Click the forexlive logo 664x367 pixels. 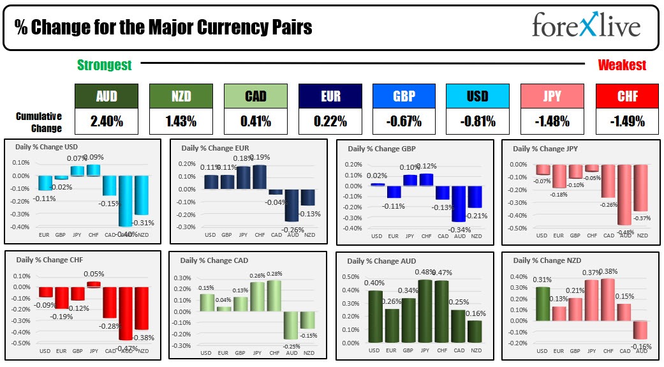click(586, 27)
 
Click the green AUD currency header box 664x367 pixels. click(106, 96)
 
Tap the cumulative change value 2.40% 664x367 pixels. click(106, 121)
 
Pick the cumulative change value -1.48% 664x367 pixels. click(552, 121)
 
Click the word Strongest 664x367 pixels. click(105, 65)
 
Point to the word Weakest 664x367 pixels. click(622, 65)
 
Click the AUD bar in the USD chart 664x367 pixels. click(125, 200)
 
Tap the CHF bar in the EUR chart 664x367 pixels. click(260, 177)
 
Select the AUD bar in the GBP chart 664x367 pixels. click(459, 204)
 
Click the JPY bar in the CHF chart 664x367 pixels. click(94, 284)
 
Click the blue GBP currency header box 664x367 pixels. click(404, 96)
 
